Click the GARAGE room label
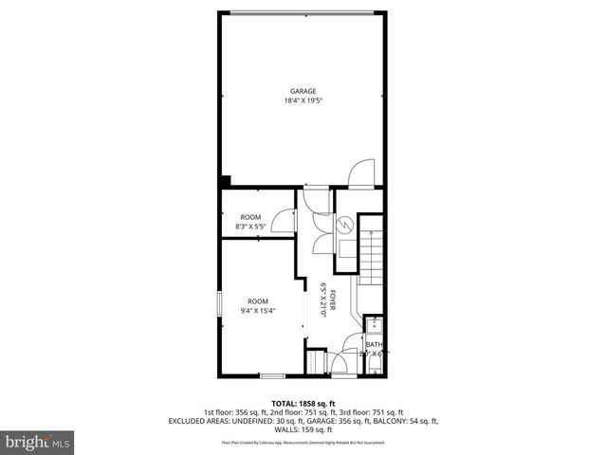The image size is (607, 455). tap(303, 91)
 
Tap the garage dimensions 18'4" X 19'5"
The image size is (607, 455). tap(303, 100)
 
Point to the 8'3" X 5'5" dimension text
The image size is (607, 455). tap(250, 227)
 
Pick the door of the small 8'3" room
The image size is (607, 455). tap(282, 221)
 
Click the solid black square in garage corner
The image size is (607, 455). tap(225, 181)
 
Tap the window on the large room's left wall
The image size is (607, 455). tap(220, 308)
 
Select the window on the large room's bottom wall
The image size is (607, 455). tap(273, 376)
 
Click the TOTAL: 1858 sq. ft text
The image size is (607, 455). tap(303, 403)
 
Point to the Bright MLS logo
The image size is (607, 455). tap(38, 442)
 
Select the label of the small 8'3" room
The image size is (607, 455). tap(250, 217)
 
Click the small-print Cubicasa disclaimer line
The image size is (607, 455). tap(303, 443)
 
